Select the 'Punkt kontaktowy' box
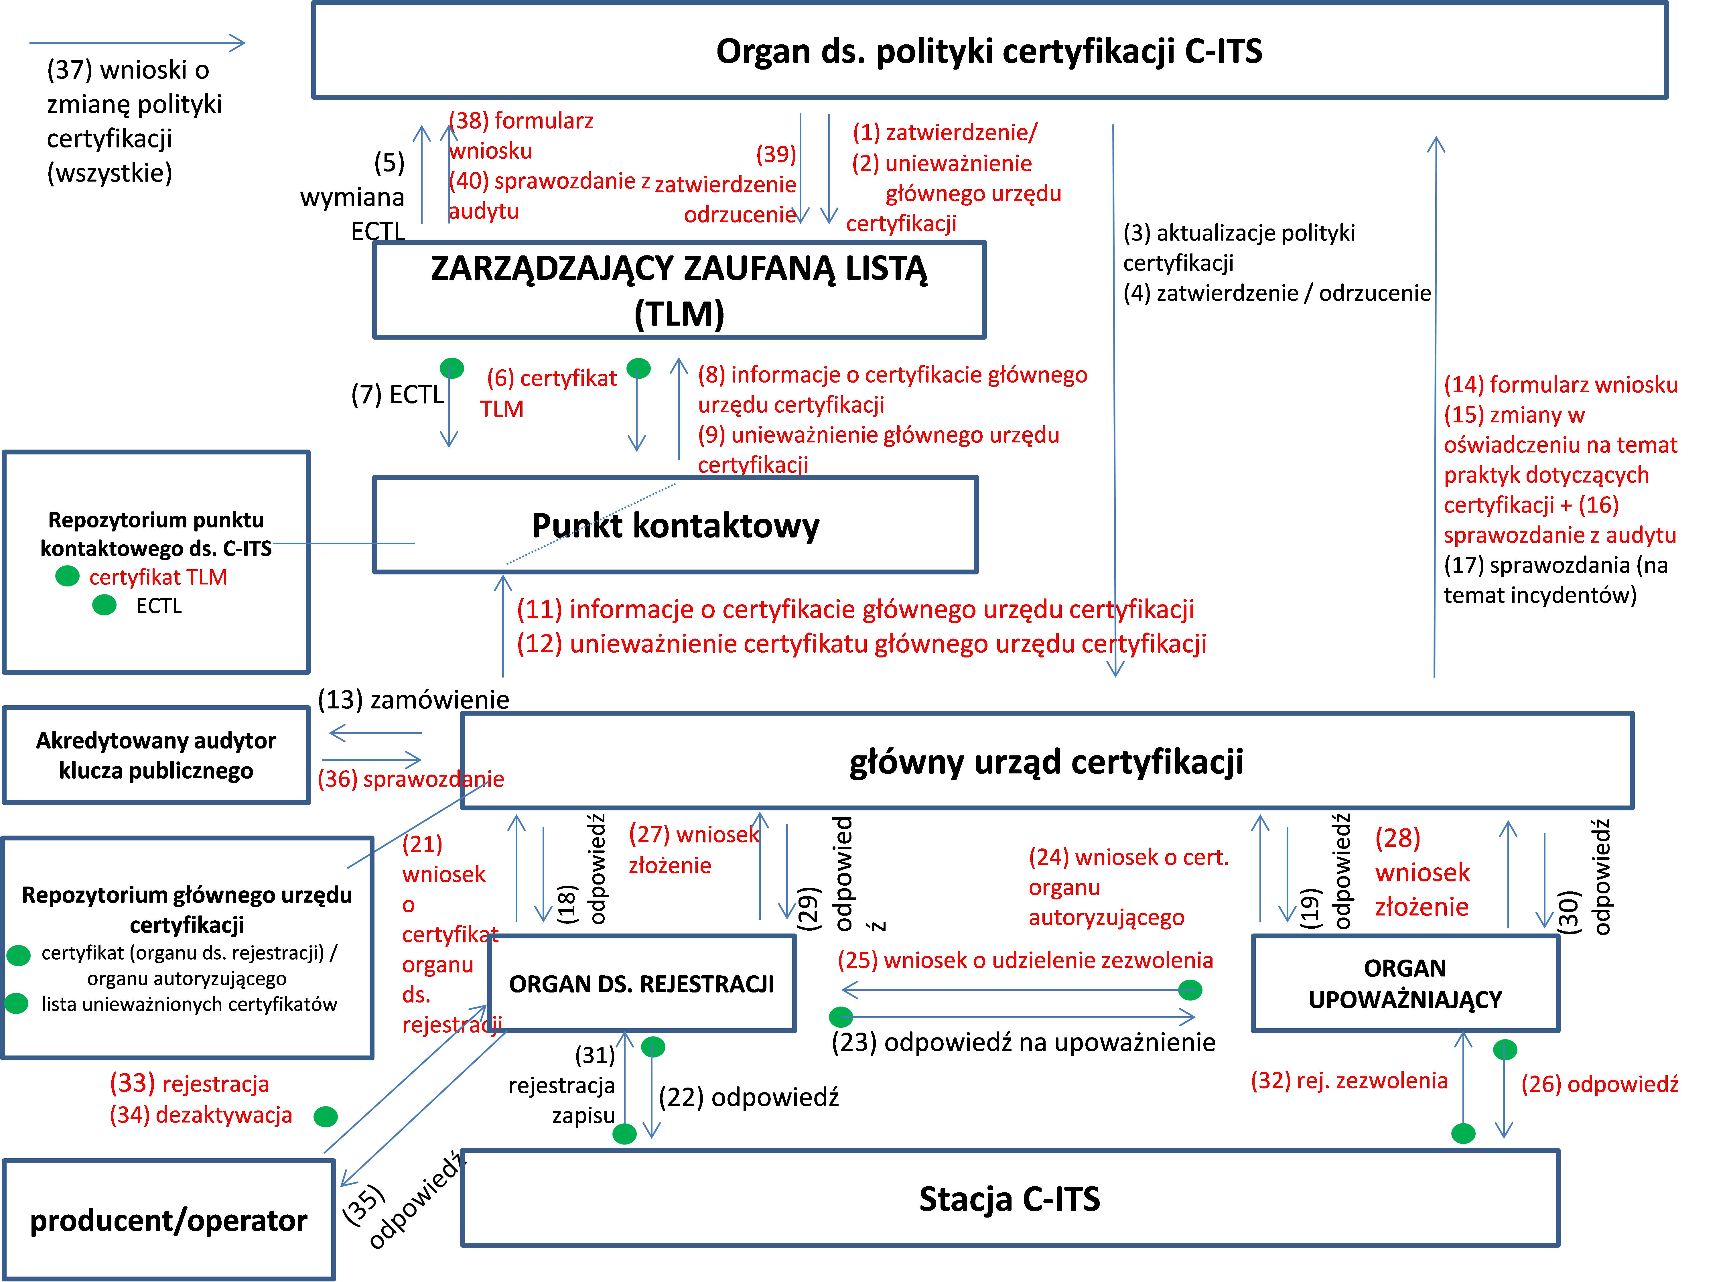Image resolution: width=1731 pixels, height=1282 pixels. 675,525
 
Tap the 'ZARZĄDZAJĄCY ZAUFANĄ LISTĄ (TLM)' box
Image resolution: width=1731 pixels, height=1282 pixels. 679,290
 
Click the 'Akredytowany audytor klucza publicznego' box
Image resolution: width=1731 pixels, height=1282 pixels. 156,755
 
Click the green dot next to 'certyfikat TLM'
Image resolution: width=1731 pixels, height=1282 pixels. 68,576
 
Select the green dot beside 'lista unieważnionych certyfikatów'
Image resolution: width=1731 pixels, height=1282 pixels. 16,1003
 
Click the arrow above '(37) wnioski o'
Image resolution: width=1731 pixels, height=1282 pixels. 137,43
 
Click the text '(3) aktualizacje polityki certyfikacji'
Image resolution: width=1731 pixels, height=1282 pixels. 1239,248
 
